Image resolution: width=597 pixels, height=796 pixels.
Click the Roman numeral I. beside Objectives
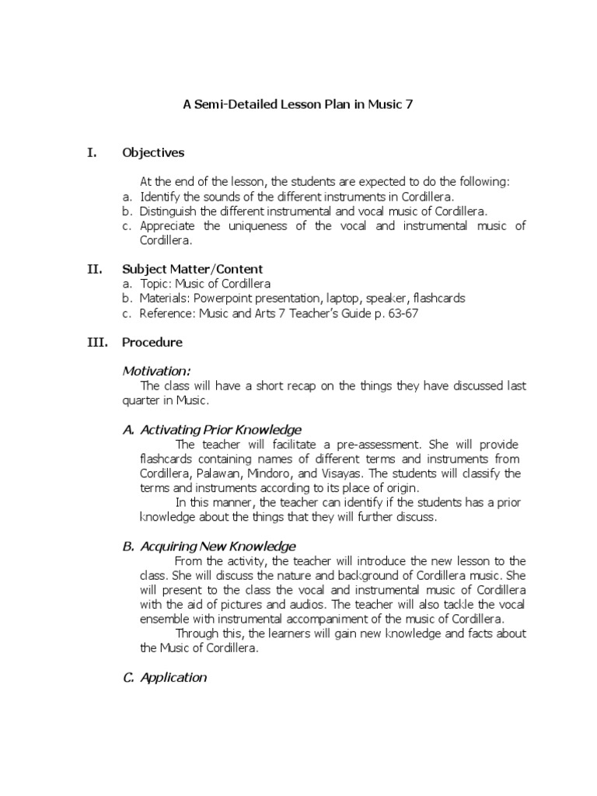(93, 152)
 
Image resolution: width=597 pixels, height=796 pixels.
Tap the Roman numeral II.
(94, 269)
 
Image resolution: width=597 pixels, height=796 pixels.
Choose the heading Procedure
(152, 342)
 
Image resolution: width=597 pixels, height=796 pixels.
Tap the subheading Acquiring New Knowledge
(209, 546)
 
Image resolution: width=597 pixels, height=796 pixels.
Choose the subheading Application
(165, 677)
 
